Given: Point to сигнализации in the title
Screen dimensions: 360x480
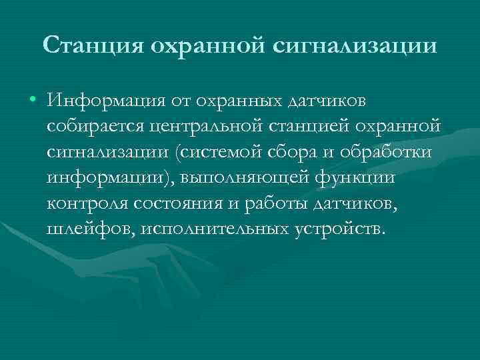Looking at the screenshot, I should [x=354, y=46].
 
